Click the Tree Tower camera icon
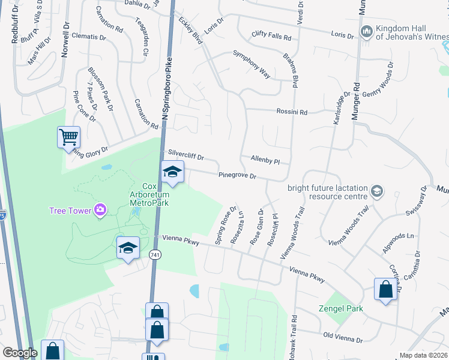pos(100,210)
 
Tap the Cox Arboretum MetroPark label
pos(149,194)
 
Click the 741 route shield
pos(155,255)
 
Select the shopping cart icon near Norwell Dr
pos(68,137)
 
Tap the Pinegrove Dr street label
pos(238,176)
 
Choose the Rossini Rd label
pos(292,112)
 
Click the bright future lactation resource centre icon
pos(376,191)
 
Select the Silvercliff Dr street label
pos(187,155)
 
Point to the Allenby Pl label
pos(265,161)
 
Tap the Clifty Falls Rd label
pos(271,36)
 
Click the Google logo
pos(20,353)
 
